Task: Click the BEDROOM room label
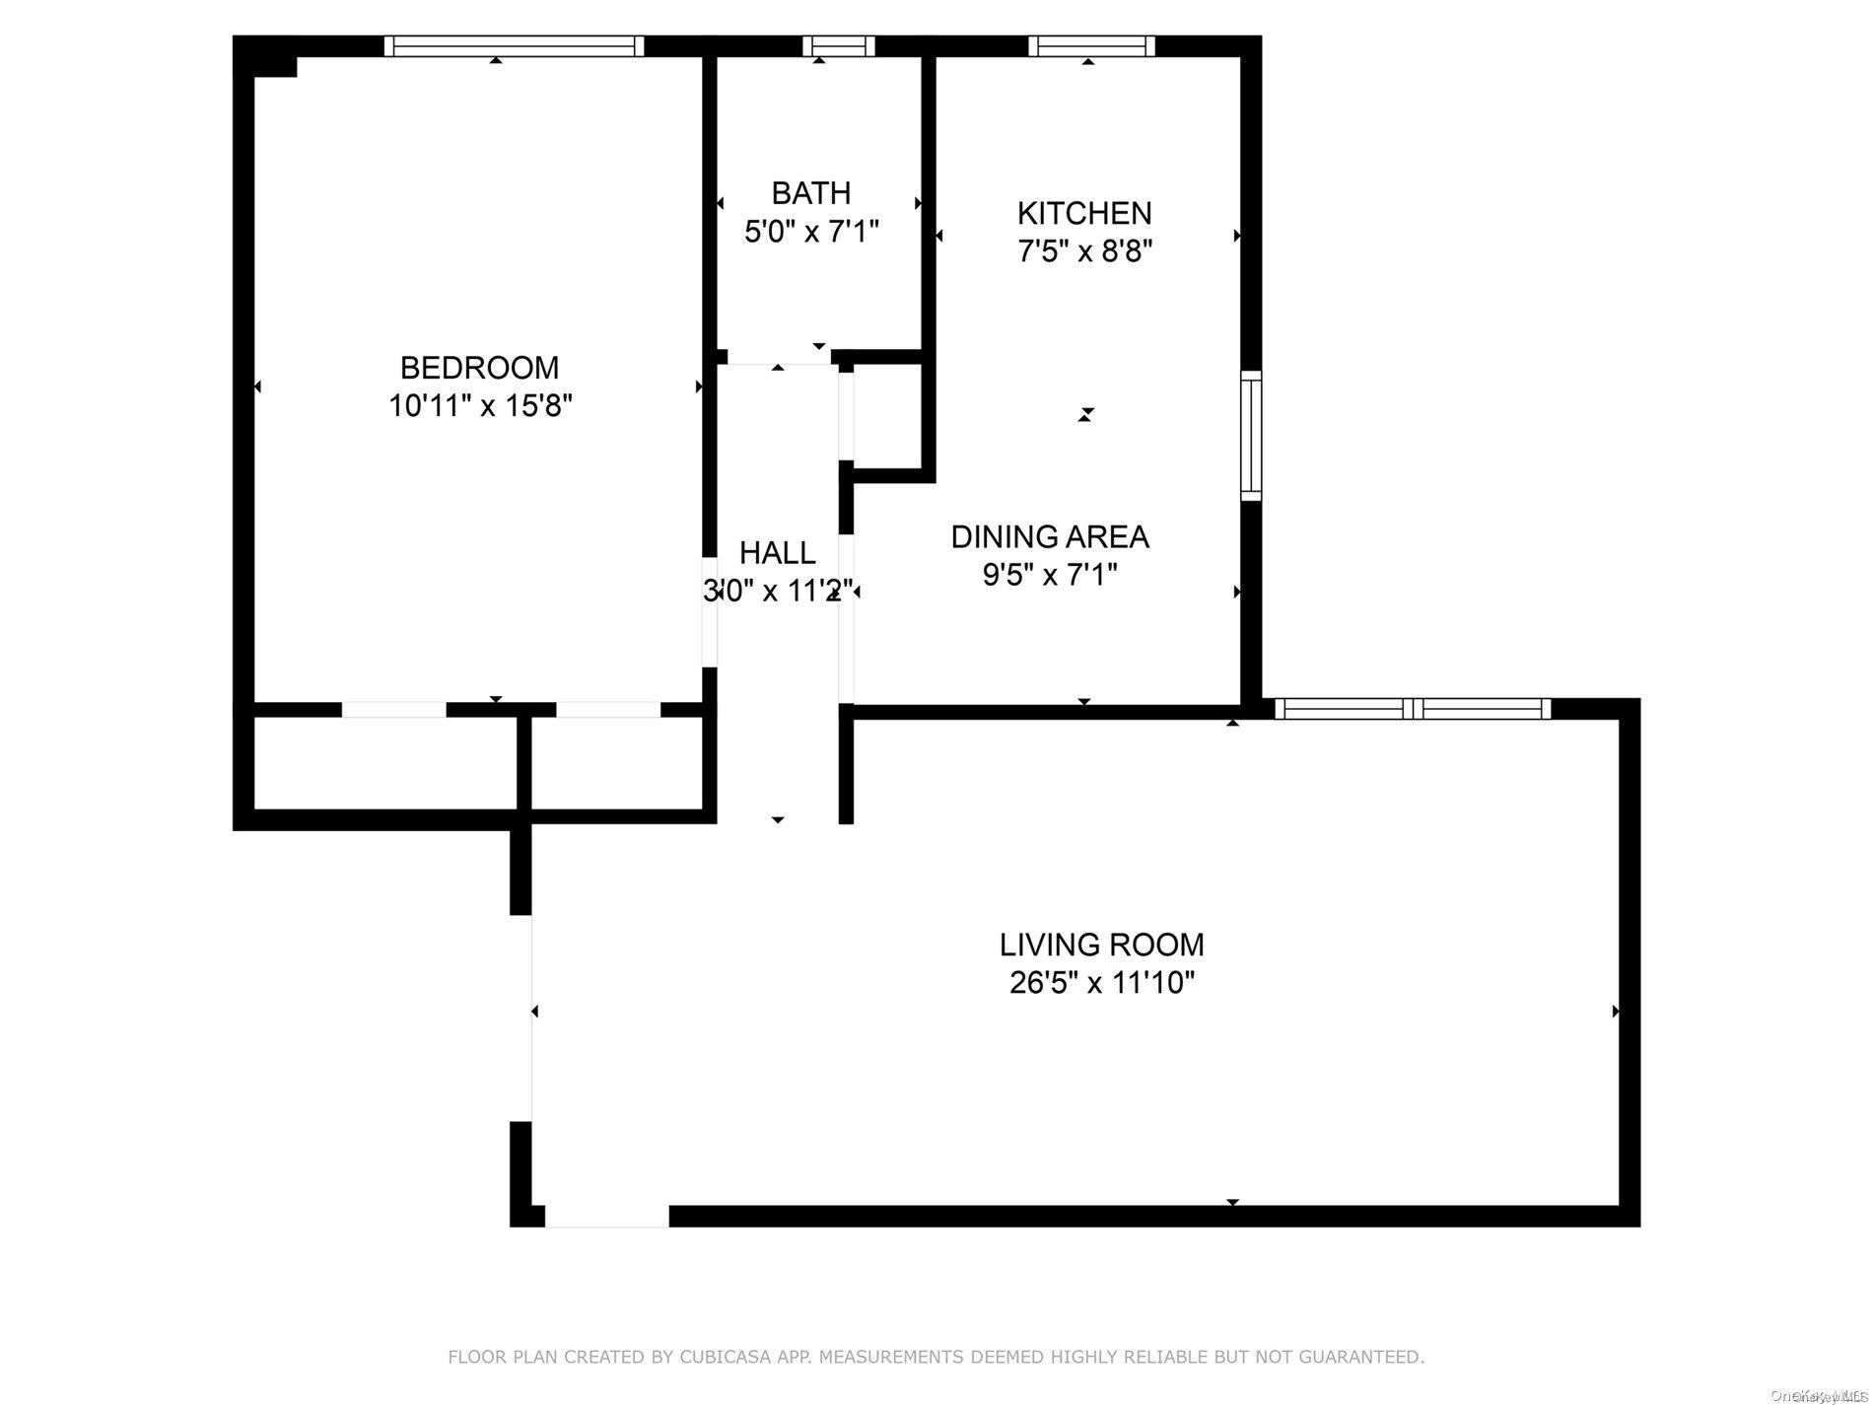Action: pos(479,368)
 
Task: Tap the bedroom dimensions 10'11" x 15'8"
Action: pos(480,405)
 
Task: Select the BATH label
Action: pos(810,193)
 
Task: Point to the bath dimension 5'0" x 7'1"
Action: pos(810,232)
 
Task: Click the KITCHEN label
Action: pos(1084,213)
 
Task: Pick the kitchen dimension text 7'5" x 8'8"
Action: pos(1084,251)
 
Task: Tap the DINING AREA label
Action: pos(1050,537)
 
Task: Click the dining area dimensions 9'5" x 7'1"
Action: pos(1050,575)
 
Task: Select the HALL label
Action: pos(777,552)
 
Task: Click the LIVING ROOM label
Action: pos(1101,945)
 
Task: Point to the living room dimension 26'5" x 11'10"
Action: pos(1101,983)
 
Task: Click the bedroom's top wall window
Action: pos(514,45)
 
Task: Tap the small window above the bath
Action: pos(838,45)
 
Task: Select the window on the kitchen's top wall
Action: pos(1091,45)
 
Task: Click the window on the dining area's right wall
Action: pos(1250,436)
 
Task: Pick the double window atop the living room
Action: pos(1412,708)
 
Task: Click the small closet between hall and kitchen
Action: pos(887,414)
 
